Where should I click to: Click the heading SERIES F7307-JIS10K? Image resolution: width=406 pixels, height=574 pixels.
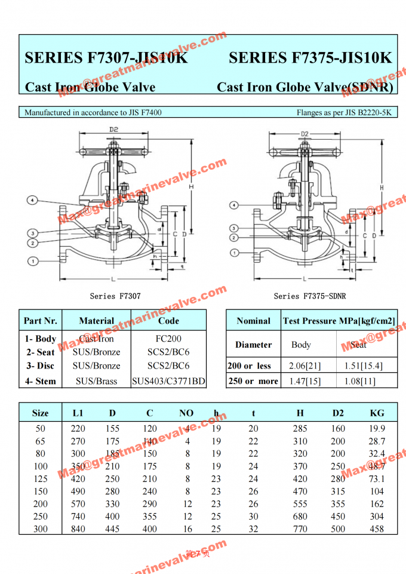(x=106, y=58)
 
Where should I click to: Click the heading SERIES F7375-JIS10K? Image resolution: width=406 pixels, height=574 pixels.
(x=310, y=58)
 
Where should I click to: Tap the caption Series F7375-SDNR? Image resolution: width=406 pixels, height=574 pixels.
(x=309, y=296)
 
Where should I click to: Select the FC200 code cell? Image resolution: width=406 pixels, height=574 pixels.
(x=168, y=339)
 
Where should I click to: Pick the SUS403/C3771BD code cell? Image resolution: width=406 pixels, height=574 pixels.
(x=168, y=381)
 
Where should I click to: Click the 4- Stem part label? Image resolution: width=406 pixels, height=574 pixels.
(x=41, y=381)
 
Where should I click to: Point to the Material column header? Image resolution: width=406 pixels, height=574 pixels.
(x=96, y=321)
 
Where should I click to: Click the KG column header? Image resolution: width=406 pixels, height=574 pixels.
(x=377, y=413)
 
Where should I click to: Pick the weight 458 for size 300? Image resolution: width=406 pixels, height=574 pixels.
(x=377, y=529)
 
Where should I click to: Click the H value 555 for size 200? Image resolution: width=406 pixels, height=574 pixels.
(x=300, y=504)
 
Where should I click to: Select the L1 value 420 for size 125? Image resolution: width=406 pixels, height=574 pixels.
(x=78, y=478)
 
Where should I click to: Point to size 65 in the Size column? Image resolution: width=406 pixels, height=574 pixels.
(x=41, y=441)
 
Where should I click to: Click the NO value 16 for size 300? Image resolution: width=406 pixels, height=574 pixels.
(x=187, y=529)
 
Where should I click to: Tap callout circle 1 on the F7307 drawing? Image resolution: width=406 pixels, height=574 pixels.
(x=33, y=260)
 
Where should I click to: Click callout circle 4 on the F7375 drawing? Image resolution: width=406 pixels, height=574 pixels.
(x=235, y=205)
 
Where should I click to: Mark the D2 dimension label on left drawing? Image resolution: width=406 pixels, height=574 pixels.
(x=113, y=129)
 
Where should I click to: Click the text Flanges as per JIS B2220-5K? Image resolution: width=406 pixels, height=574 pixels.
(x=344, y=112)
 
